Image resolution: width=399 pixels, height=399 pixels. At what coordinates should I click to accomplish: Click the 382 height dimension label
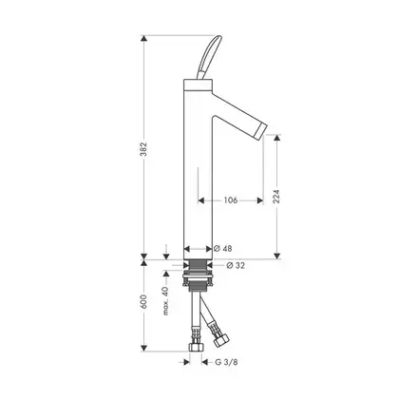144,148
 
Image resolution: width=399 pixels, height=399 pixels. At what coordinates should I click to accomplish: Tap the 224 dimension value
276,197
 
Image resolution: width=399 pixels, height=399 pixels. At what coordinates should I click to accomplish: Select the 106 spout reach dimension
231,200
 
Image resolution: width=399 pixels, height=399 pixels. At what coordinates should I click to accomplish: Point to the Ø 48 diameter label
222,249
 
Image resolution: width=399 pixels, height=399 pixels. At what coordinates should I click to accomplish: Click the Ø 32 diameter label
236,265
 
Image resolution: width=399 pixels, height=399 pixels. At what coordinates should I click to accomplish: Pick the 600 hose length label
144,302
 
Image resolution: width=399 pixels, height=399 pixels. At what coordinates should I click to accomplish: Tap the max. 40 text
166,300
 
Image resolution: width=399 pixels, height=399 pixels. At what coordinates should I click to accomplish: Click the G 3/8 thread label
226,362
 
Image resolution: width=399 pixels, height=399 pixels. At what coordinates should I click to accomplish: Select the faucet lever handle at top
207,57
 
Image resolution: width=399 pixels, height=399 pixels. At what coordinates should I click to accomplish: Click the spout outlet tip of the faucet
261,131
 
